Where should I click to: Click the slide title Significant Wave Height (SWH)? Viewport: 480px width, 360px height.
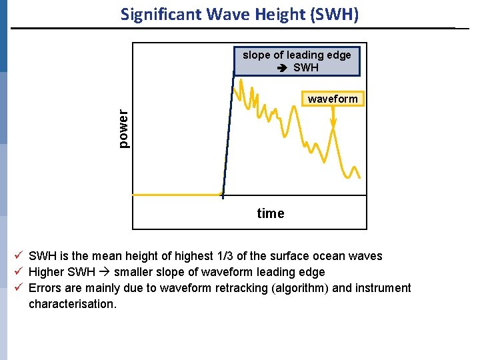point(239,14)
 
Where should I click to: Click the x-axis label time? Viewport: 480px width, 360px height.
point(271,213)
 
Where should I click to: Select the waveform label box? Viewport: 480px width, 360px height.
point(333,99)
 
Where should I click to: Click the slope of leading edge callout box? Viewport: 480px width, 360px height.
point(297,61)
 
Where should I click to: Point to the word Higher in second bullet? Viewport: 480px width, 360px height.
point(46,272)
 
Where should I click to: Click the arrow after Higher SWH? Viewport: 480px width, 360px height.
point(103,272)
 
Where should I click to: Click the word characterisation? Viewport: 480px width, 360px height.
point(72,304)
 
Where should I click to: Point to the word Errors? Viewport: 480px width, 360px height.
point(44,288)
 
